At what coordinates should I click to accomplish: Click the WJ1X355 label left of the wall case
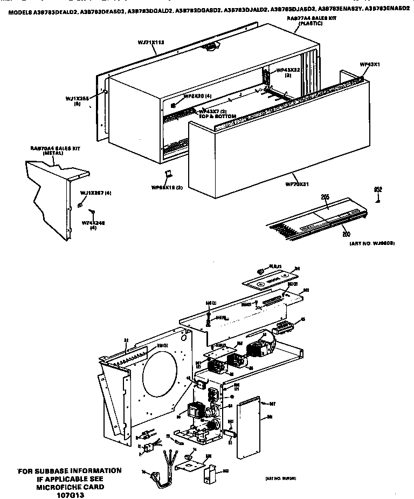point(77,101)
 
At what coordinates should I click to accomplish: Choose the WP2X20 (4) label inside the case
point(197,95)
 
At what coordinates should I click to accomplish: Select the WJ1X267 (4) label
point(95,193)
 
